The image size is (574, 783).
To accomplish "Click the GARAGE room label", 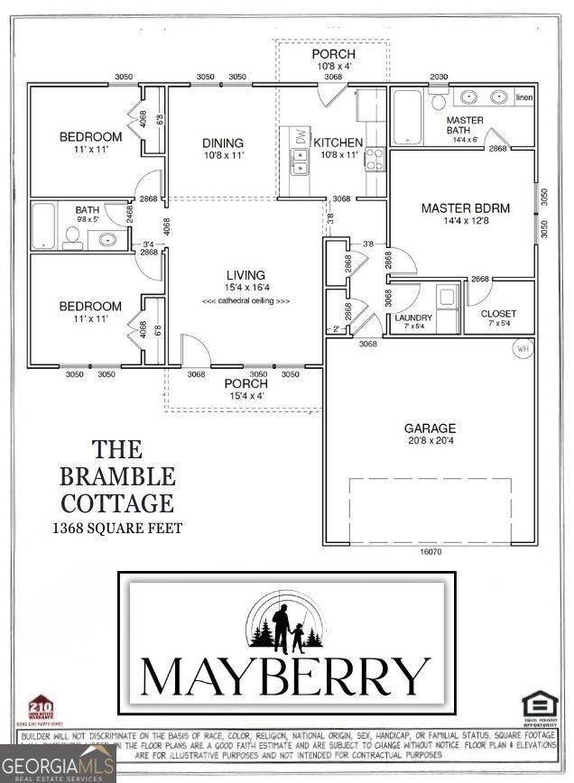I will point(430,428).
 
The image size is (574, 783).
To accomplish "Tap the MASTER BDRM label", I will point(465,208).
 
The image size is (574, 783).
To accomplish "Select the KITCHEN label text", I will point(338,143).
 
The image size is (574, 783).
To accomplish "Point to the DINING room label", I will point(223,143).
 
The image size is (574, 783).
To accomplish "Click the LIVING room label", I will point(245,275).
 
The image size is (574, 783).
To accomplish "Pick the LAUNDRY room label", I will point(413,318).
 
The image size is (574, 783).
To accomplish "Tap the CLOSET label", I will point(498,314).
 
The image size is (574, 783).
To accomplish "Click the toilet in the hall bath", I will point(73,237).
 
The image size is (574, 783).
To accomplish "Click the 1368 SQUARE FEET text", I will point(117,528).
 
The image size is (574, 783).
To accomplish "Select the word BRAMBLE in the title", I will point(117,474).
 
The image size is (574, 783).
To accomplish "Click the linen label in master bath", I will point(524,97).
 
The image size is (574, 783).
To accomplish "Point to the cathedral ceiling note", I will point(245,300).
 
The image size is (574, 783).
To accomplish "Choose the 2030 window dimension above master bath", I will point(440,77).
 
